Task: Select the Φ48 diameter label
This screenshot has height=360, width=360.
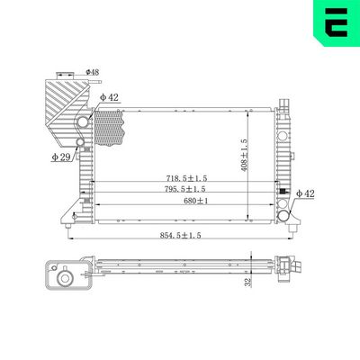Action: pos(93,71)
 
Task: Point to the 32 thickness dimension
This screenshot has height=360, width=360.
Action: pos(247,282)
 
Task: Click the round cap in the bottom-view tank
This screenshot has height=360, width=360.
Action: pos(64,279)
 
